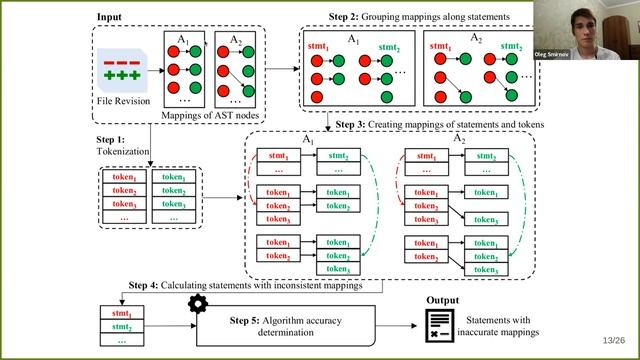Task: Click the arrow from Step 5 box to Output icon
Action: coord(401,325)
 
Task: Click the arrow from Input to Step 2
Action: coord(281,68)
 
